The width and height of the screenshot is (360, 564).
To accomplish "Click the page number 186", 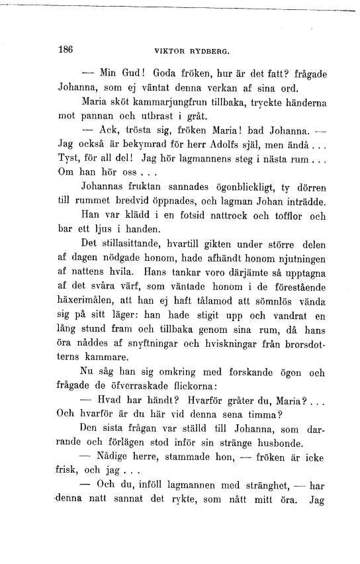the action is tap(65, 50).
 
